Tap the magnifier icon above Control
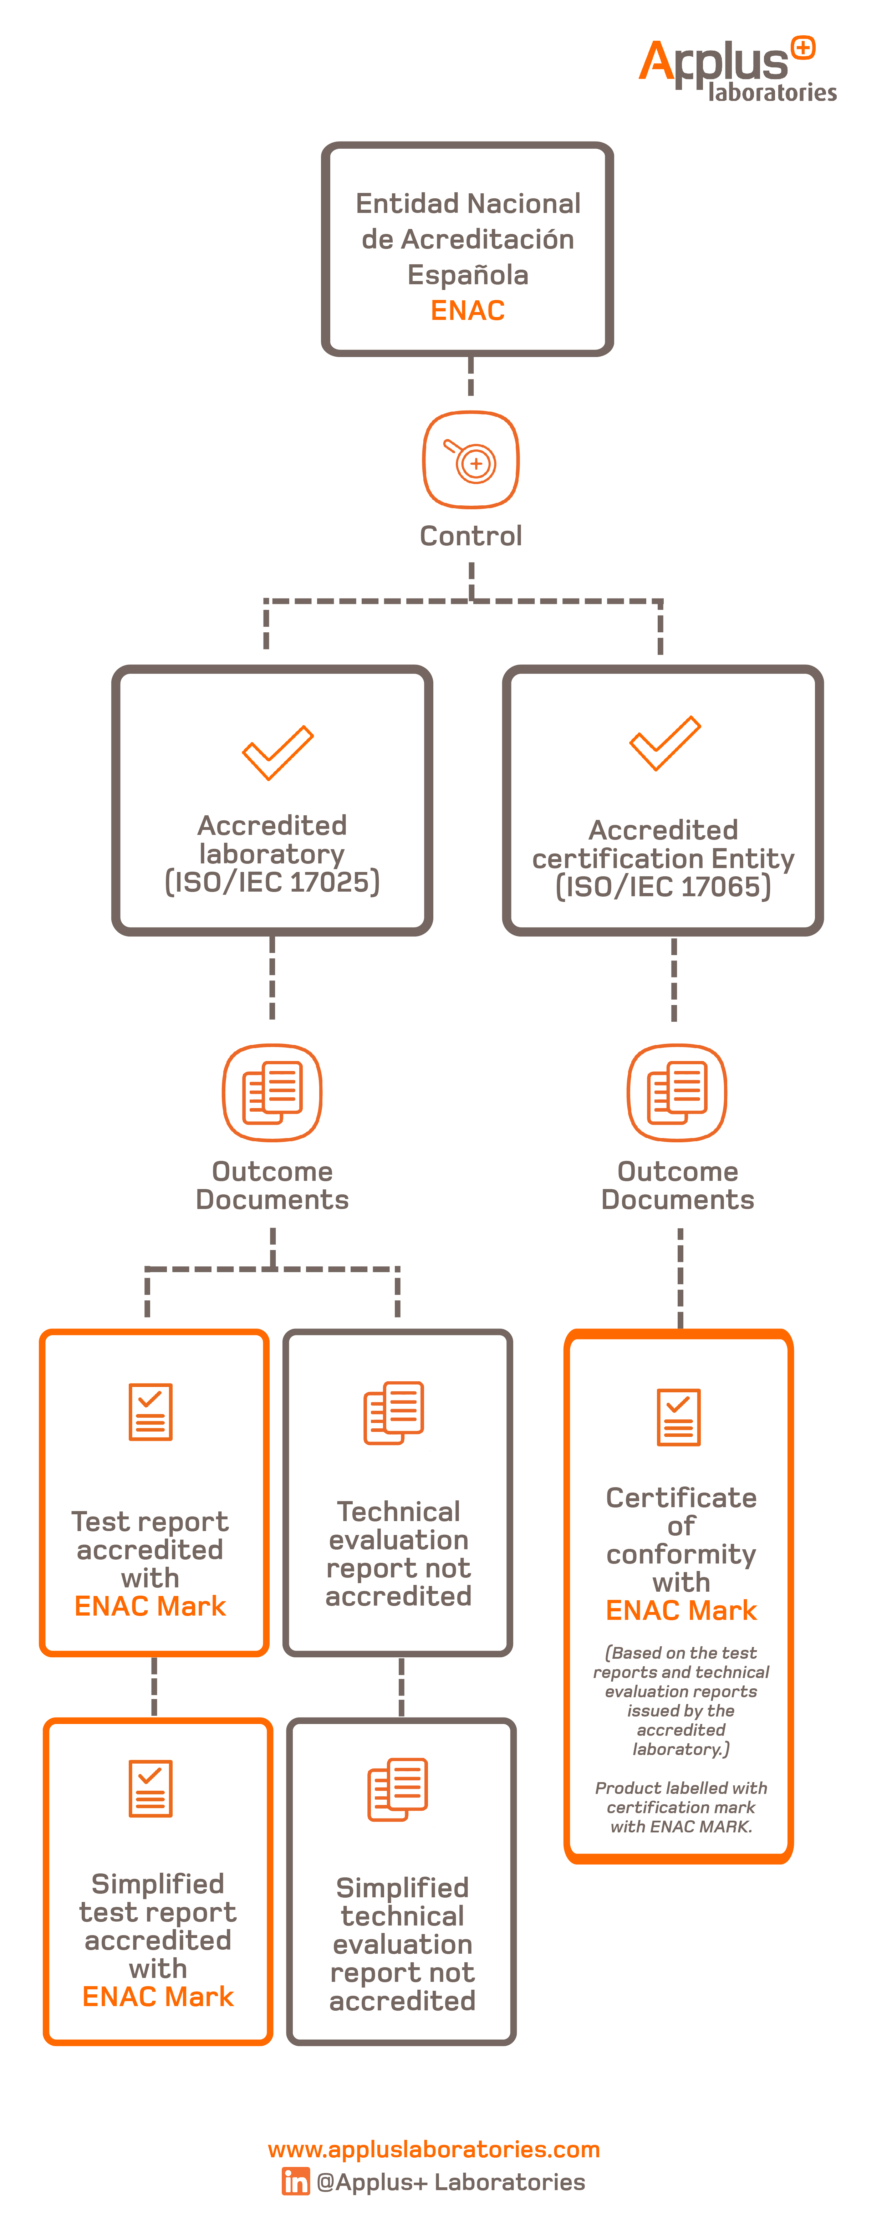[471, 459]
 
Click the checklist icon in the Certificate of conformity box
[678, 1417]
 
